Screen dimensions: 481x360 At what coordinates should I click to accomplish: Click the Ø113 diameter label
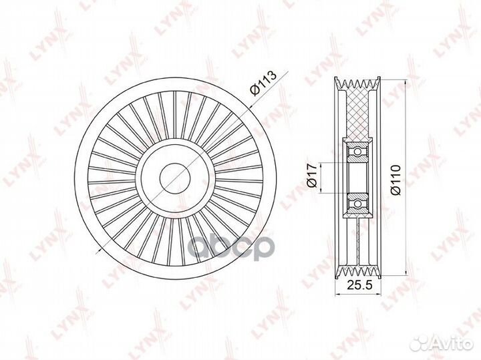coord(263,83)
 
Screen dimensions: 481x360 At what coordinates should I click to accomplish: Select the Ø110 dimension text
coord(395,180)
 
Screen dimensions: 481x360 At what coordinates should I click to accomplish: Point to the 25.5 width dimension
coord(359,285)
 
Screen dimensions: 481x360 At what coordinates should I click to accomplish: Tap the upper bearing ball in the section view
coord(357,152)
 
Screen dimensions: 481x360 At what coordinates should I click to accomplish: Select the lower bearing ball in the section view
coord(357,203)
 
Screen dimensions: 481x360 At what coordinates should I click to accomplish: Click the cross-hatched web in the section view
coord(357,114)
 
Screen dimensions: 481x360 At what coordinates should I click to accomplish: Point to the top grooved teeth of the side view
coord(357,84)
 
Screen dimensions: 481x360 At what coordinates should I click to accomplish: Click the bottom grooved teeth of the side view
coord(357,271)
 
